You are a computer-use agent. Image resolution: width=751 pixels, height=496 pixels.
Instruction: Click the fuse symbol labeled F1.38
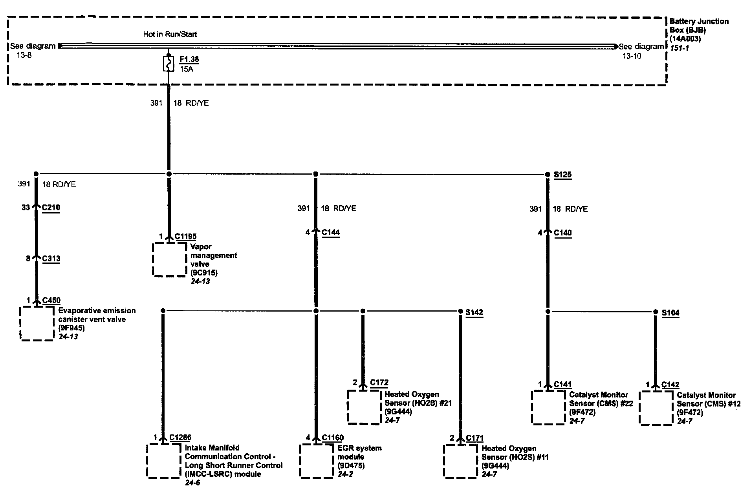(x=169, y=64)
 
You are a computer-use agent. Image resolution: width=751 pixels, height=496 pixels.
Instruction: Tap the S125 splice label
(x=562, y=174)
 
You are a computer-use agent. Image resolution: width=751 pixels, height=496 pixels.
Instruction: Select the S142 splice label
(x=474, y=312)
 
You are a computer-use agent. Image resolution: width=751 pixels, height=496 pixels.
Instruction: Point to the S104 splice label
(x=670, y=313)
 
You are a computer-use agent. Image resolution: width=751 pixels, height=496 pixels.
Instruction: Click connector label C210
(x=51, y=207)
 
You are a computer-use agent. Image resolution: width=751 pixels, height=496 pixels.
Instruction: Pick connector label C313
(x=51, y=259)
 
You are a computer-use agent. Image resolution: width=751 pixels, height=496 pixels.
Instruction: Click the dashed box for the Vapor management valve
(x=169, y=259)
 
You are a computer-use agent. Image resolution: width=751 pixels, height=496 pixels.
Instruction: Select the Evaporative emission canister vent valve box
(x=37, y=323)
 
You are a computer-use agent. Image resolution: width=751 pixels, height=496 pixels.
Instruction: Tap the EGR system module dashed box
(x=317, y=461)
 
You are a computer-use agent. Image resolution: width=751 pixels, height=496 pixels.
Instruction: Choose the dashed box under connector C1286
(x=164, y=461)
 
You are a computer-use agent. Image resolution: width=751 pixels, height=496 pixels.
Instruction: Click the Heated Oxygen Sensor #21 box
(x=364, y=407)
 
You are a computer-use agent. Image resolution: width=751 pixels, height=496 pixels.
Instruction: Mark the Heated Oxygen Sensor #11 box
(x=461, y=461)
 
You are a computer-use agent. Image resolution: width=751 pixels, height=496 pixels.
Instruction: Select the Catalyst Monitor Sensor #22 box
(x=548, y=408)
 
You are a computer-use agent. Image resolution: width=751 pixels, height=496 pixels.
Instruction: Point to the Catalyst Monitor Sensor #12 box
(x=656, y=408)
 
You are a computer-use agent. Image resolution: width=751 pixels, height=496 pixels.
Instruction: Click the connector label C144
(x=330, y=232)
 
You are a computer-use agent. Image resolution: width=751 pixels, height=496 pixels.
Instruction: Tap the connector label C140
(x=562, y=233)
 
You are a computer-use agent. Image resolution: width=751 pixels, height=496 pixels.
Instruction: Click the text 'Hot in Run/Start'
(x=170, y=34)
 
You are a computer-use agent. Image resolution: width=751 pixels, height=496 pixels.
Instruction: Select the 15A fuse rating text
(x=187, y=69)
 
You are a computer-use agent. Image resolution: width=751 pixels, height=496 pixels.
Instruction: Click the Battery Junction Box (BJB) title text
(x=699, y=26)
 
